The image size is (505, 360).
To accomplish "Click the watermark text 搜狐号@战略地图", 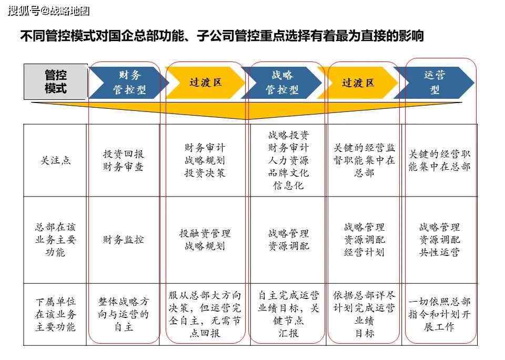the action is pyautogui.click(x=48, y=11).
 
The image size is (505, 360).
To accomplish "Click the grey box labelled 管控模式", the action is pyautogui.click(x=56, y=81).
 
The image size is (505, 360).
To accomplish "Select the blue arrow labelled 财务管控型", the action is pyautogui.click(x=129, y=83).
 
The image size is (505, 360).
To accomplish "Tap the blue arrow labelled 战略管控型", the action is pyautogui.click(x=282, y=83).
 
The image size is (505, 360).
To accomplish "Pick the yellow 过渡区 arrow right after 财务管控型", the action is pyautogui.click(x=205, y=83).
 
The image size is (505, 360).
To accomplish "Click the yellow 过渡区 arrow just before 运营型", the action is pyautogui.click(x=358, y=83).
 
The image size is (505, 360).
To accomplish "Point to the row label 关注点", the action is pyautogui.click(x=55, y=160).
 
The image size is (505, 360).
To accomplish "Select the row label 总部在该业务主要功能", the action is pyautogui.click(x=55, y=240).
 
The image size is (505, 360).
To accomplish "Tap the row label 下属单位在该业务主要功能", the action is pyautogui.click(x=55, y=314).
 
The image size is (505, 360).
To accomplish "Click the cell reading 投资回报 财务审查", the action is pyautogui.click(x=123, y=160).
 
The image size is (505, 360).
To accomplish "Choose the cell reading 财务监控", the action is pyautogui.click(x=123, y=240).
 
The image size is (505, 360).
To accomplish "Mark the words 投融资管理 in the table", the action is pyautogui.click(x=205, y=233).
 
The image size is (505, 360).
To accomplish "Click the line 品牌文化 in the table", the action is pyautogui.click(x=289, y=173).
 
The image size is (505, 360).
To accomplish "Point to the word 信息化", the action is pyautogui.click(x=289, y=186).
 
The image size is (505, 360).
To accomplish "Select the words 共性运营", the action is pyautogui.click(x=440, y=252).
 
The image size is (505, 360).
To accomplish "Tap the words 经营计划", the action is pyautogui.click(x=364, y=252).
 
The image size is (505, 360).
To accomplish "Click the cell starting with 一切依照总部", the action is pyautogui.click(x=440, y=314).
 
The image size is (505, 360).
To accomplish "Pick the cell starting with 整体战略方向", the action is pyautogui.click(x=123, y=314).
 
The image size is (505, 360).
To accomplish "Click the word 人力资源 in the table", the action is pyautogui.click(x=289, y=160).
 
